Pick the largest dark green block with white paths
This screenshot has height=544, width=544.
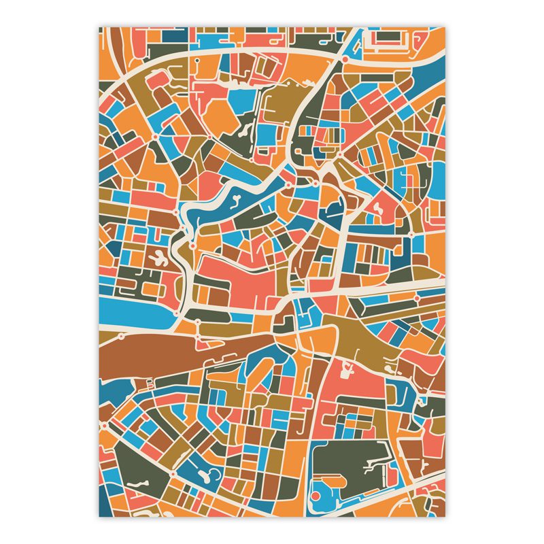347,462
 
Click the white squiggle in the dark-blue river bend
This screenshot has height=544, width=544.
235,200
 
